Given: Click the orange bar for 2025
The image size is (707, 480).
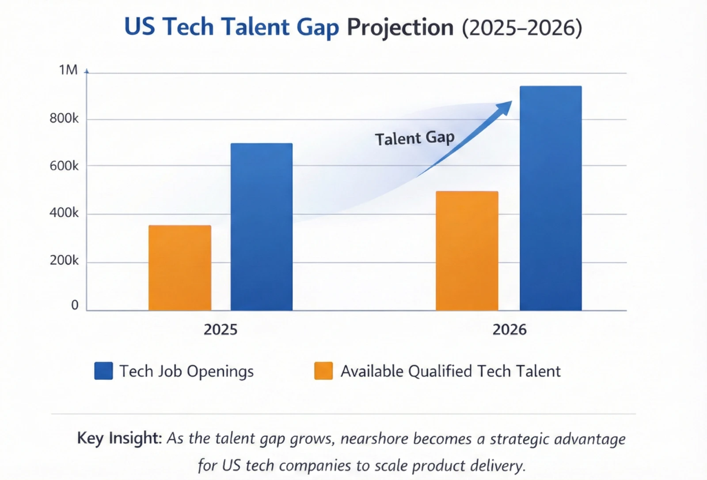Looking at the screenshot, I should coord(179,268).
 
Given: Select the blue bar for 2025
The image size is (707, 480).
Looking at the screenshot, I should coord(261,227).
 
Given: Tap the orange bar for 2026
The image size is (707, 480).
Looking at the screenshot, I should coord(467,251).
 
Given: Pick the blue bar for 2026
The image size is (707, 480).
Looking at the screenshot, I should coord(550,198).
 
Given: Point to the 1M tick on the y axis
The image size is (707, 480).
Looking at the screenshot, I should coord(68,70).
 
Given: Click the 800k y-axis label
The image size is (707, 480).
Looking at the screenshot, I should coord(64,118).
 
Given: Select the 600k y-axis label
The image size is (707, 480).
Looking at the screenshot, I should coord(64,166).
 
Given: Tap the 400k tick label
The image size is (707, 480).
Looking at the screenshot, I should coord(64,213).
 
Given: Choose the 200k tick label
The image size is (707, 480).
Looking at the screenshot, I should coord(64,261).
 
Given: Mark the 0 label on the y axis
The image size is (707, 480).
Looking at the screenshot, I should coord(75,305).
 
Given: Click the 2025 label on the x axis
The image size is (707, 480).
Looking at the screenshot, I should coord(220,330).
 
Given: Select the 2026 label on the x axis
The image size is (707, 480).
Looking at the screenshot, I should coord(509,330).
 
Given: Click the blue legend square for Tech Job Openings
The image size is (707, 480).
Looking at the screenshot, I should coord(103,371).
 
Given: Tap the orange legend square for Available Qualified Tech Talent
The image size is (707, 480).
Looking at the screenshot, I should coord(323,371).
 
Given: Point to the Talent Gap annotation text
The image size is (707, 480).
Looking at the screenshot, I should coord(414,138).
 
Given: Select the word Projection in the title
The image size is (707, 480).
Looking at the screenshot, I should coord(400,27).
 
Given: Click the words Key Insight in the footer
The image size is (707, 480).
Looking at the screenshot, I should coord(118,438).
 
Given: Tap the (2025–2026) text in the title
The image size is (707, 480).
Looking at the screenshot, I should coord(522,28).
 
